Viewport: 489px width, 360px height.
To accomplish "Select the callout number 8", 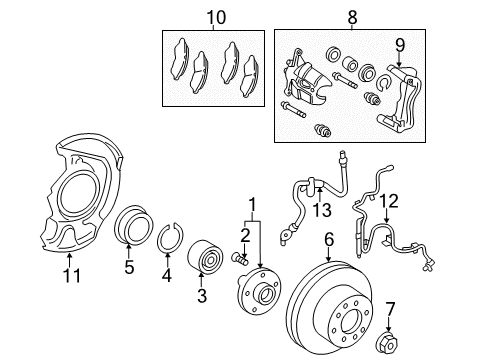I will (350, 17).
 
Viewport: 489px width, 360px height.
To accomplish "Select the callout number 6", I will (327, 240).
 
